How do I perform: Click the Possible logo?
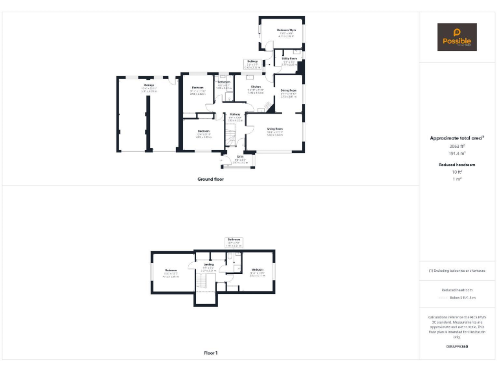[x=457, y=37]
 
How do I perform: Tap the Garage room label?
[x=149, y=85]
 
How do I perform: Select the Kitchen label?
[x=256, y=87]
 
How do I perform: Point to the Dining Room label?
[x=289, y=90]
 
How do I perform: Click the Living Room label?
[x=274, y=129]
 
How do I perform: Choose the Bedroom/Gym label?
[x=286, y=30]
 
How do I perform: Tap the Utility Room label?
[x=289, y=58]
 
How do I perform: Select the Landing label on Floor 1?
[x=208, y=264]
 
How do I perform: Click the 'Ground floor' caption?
[x=210, y=179]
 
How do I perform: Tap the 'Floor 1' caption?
[x=210, y=353]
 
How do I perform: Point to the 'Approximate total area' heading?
[x=456, y=138]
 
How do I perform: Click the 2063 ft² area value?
[x=456, y=146]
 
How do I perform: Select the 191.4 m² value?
[x=456, y=154]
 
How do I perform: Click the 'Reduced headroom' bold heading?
[x=456, y=165]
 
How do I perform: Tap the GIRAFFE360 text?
[x=456, y=347]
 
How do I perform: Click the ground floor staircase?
[x=232, y=136]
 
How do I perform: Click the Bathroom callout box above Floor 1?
[x=234, y=242]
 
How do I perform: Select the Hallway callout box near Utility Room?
[x=252, y=63]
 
